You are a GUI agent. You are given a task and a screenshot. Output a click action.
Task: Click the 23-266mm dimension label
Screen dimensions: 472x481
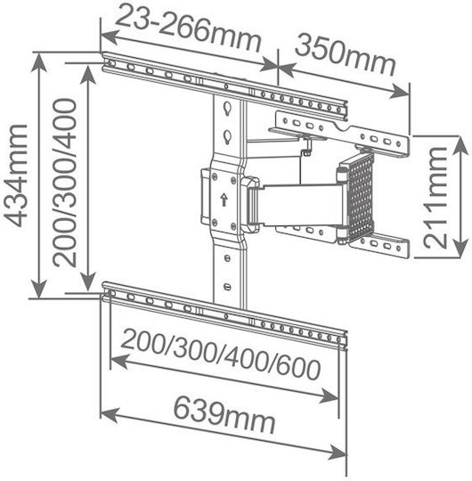[188, 31]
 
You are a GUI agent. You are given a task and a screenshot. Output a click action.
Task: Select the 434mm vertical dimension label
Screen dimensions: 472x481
[16, 175]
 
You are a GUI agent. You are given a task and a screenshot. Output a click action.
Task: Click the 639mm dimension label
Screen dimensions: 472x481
[224, 413]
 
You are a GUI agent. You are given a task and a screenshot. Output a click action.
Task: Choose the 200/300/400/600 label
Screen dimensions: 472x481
[221, 355]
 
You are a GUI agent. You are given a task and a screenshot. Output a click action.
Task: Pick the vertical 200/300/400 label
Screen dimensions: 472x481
[64, 183]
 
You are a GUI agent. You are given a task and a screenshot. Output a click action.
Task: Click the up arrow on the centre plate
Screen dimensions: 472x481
[224, 200]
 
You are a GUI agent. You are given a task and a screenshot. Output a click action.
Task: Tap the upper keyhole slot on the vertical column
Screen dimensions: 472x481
[227, 109]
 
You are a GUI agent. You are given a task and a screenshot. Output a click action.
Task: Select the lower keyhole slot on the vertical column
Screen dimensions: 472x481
[227, 137]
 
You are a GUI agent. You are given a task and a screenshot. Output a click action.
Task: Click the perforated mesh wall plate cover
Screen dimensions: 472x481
[360, 196]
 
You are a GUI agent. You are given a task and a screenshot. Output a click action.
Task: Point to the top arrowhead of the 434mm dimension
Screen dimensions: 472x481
[38, 62]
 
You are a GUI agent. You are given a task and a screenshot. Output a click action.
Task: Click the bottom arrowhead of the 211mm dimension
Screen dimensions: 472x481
[460, 248]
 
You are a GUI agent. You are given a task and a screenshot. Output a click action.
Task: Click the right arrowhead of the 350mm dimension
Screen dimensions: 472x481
[399, 91]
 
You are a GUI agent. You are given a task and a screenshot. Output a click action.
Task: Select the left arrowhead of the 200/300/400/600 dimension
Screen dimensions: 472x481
[119, 362]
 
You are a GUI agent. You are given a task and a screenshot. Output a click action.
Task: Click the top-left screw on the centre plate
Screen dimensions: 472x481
[215, 176]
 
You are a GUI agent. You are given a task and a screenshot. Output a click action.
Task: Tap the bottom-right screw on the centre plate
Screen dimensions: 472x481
[233, 227]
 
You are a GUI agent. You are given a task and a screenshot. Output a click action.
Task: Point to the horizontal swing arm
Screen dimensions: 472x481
[299, 205]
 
